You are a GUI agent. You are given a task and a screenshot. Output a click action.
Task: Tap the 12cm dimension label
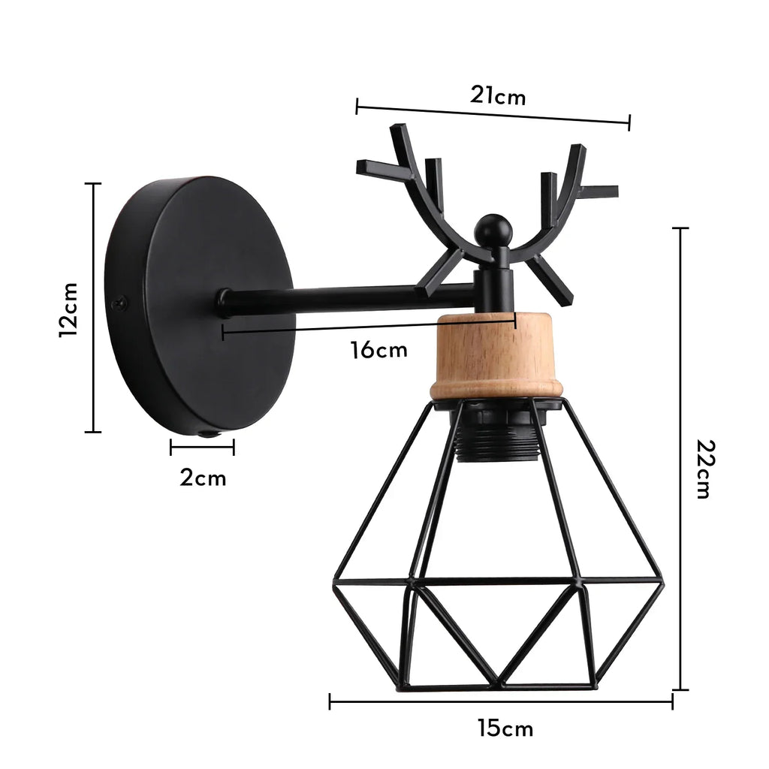pyautogui.click(x=69, y=309)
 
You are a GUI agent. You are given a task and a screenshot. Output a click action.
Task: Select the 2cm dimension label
pyautogui.click(x=203, y=478)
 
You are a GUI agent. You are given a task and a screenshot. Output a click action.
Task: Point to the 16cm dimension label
pyautogui.click(x=379, y=349)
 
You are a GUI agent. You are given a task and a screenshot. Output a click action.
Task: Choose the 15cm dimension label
pyautogui.click(x=505, y=728)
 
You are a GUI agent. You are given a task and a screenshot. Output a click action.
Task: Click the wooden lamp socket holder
pyautogui.click(x=496, y=356)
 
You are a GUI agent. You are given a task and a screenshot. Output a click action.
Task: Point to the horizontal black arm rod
pyautogui.click(x=345, y=299)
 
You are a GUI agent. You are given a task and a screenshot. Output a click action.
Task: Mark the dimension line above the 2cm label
pyautogui.click(x=202, y=448)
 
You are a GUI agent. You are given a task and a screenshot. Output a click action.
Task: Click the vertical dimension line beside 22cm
pyautogui.click(x=681, y=458)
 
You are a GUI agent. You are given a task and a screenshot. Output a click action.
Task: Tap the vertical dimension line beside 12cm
pyautogui.click(x=93, y=308)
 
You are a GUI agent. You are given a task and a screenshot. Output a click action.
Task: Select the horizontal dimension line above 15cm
pyautogui.click(x=501, y=702)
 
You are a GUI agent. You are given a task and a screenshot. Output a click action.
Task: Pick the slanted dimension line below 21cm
pyautogui.click(x=493, y=113)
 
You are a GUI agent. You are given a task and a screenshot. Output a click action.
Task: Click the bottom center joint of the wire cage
pyautogui.click(x=498, y=684)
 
